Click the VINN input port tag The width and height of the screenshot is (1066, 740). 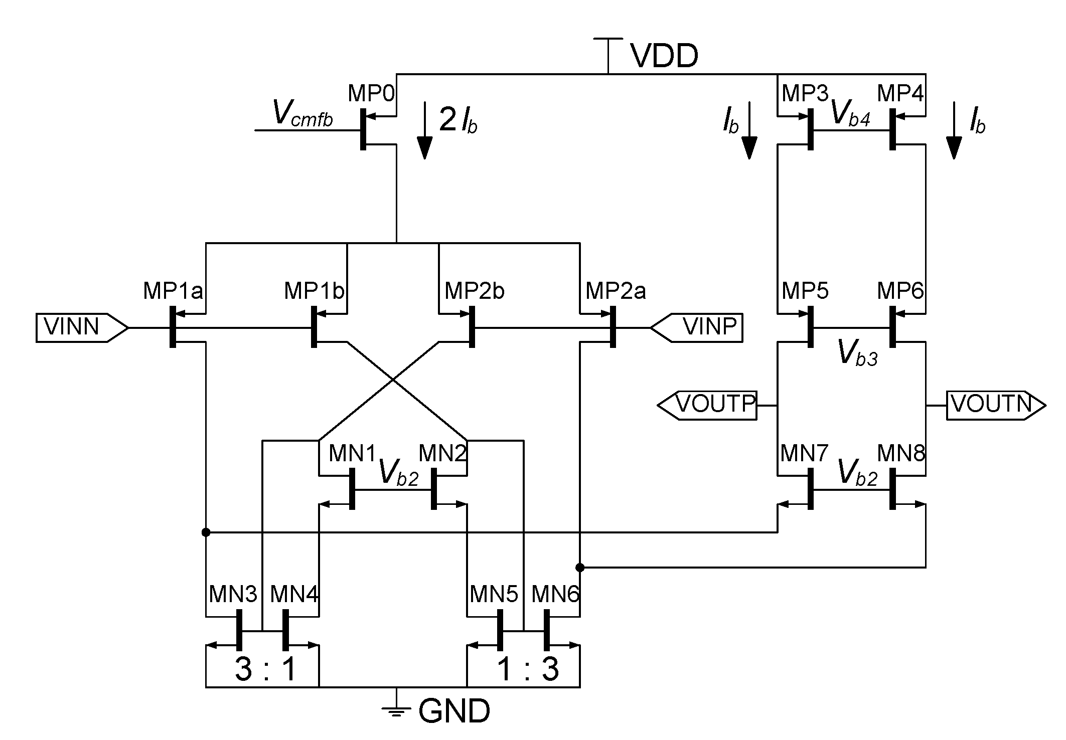click(x=80, y=327)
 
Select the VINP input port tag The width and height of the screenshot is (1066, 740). click(x=697, y=327)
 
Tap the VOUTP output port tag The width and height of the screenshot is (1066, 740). click(x=708, y=405)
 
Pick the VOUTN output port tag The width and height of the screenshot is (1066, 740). click(x=995, y=405)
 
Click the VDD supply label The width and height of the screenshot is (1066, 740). click(x=664, y=56)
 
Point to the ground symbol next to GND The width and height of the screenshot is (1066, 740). click(x=396, y=709)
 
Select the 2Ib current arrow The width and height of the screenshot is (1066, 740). click(x=425, y=130)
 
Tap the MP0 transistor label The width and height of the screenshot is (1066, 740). click(x=371, y=93)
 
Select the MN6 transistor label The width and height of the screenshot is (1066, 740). click(x=555, y=595)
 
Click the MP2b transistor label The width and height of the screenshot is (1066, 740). click(x=475, y=291)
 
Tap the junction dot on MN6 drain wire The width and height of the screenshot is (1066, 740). click(x=580, y=568)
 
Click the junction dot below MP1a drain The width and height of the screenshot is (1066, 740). click(x=206, y=532)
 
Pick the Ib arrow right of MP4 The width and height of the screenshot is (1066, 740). click(x=954, y=130)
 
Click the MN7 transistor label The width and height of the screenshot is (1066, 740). click(x=804, y=454)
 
